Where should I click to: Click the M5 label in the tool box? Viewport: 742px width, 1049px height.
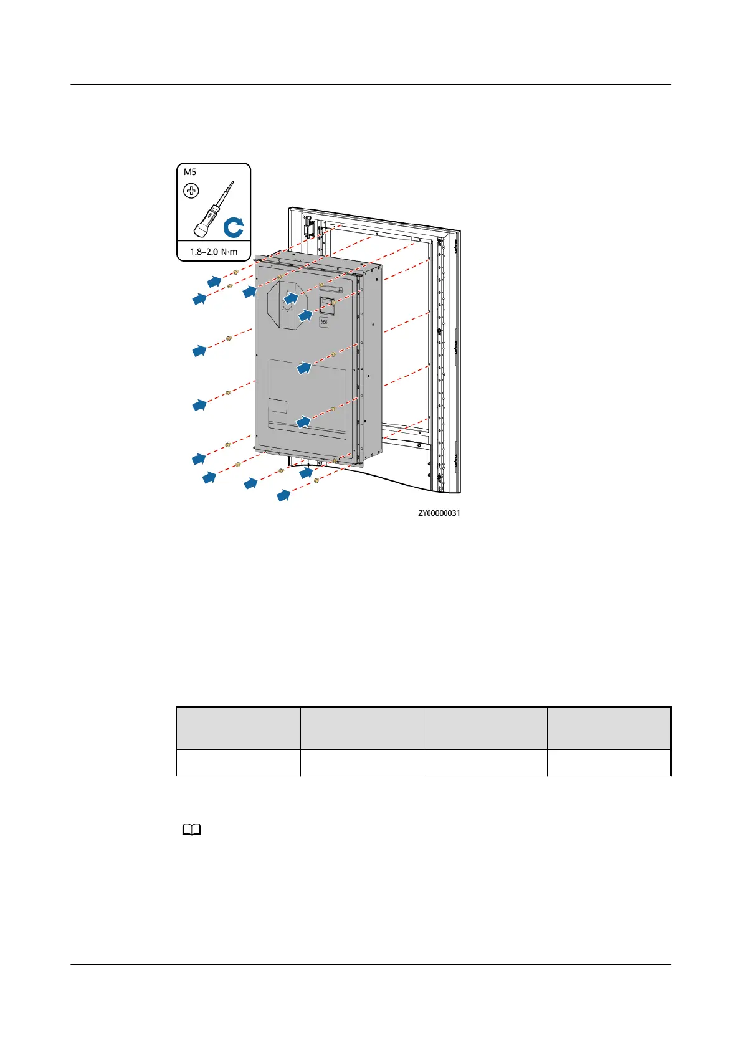190,172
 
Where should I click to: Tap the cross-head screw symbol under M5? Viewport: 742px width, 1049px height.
191,191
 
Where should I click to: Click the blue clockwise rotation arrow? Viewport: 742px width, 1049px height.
234,227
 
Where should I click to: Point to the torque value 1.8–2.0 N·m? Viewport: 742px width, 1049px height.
214,252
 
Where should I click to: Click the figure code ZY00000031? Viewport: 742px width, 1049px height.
439,513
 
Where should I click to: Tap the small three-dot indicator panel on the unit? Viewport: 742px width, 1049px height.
324,322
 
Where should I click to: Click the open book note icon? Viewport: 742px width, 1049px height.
192,830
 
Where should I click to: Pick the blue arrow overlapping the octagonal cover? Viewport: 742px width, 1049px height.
290,299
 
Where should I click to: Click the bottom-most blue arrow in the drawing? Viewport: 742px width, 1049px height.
283,496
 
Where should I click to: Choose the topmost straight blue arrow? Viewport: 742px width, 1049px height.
214,282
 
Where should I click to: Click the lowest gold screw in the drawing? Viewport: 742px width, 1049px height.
316,482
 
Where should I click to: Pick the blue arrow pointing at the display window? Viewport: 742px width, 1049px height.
305,315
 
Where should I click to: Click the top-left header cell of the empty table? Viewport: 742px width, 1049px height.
238,728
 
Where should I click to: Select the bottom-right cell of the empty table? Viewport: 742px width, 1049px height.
609,762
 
